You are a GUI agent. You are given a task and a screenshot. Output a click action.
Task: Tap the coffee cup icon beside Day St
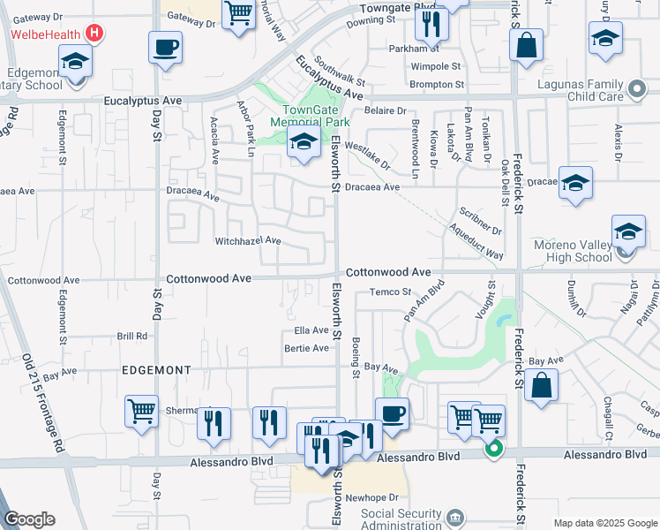click(164, 47)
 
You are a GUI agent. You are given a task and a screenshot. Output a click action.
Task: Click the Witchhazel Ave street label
click(248, 240)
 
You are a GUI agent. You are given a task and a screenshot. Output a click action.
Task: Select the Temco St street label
click(391, 291)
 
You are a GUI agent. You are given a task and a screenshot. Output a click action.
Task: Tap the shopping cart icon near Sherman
click(141, 412)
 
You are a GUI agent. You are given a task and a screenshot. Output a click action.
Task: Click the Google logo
click(29, 519)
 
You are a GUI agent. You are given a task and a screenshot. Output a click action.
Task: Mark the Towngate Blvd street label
click(399, 8)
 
